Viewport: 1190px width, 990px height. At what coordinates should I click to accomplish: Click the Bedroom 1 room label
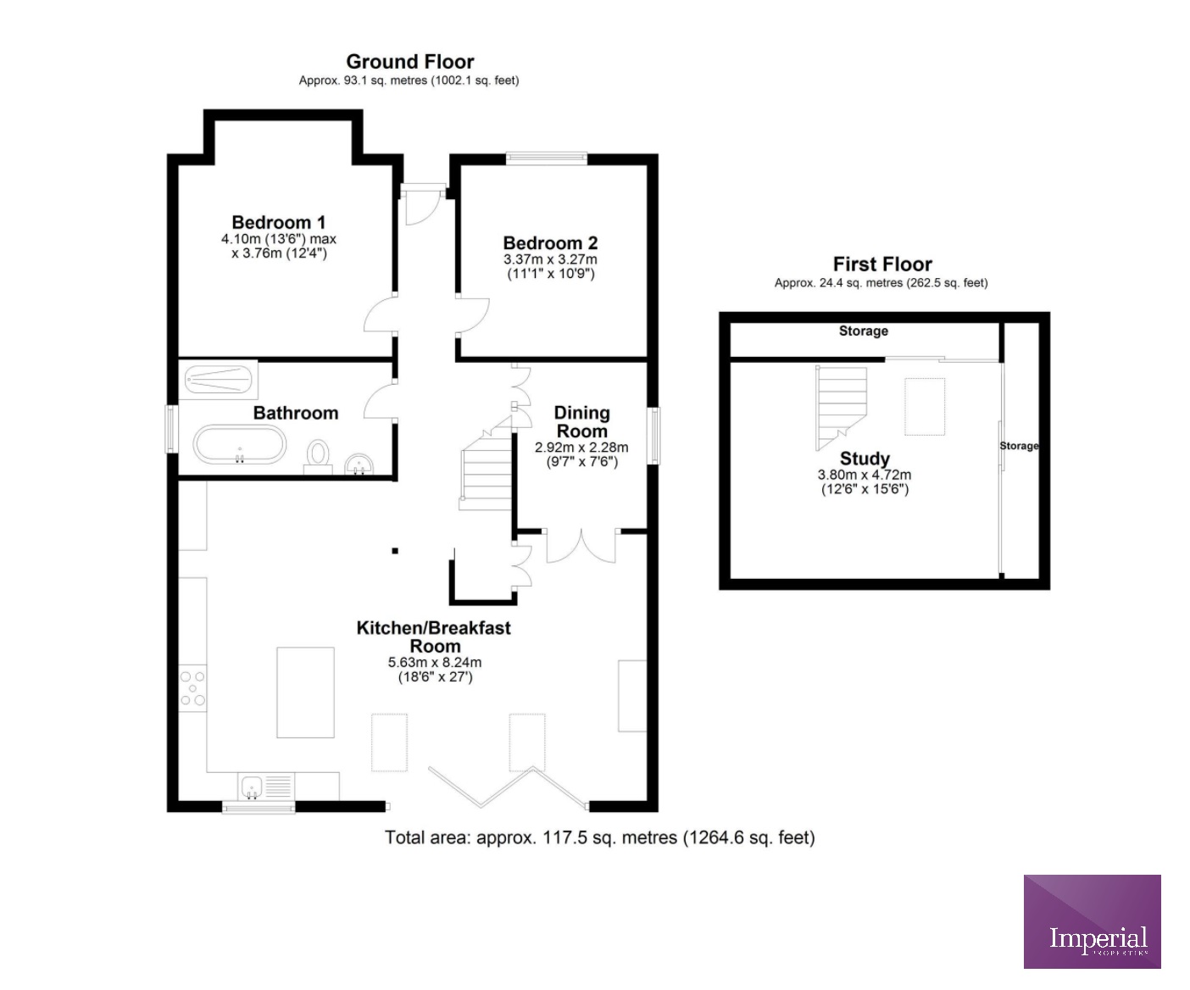tap(279, 223)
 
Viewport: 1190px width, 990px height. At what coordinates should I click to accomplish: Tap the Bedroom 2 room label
tap(550, 243)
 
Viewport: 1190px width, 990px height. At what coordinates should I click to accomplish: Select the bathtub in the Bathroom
tap(240, 445)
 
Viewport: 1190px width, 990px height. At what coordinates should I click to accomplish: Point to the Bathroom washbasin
tap(360, 464)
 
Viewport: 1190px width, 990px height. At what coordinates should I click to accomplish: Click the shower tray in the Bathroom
tap(220, 381)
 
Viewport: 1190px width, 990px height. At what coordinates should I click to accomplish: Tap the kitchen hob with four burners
tap(193, 687)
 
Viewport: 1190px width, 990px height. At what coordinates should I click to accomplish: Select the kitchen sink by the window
tap(253, 787)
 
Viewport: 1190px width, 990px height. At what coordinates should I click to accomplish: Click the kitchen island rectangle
tap(305, 692)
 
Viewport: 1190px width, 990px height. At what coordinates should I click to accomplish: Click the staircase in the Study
tap(842, 408)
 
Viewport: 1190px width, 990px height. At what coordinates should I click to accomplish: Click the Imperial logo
tap(1092, 921)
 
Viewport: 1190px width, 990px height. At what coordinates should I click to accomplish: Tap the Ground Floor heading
tap(410, 62)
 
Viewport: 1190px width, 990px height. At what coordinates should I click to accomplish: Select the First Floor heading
tap(882, 264)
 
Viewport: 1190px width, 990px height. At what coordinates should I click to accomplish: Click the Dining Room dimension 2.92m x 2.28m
tap(581, 448)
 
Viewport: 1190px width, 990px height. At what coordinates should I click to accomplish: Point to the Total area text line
tap(600, 837)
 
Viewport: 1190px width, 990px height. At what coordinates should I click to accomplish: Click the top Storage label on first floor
tap(864, 331)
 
